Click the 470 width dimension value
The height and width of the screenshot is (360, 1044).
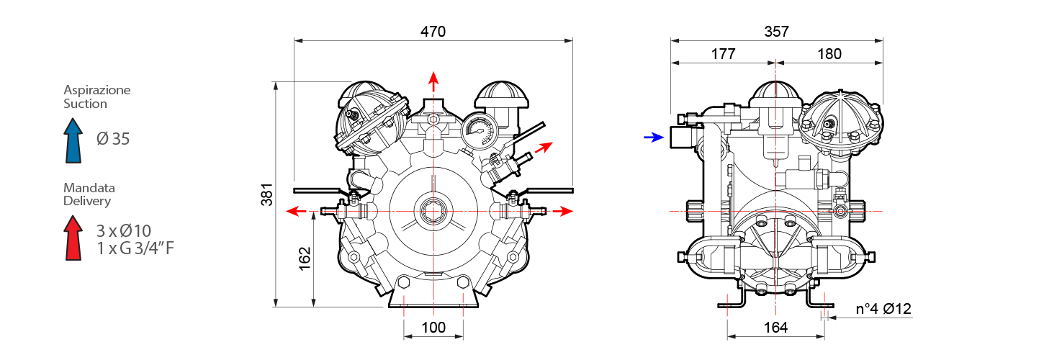(x=433, y=32)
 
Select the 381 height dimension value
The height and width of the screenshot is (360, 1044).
(x=267, y=194)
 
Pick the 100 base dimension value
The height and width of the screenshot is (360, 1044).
(x=433, y=328)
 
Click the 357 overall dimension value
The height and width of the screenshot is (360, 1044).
(x=776, y=32)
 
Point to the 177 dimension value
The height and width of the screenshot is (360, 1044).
(x=722, y=54)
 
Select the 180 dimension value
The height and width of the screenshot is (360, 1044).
(x=829, y=54)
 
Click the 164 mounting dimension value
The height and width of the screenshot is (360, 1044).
(x=775, y=328)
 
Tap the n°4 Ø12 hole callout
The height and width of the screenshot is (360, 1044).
(x=883, y=310)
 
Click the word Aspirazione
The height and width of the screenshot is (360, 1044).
(x=97, y=91)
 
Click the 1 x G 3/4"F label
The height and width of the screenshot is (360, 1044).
(x=135, y=249)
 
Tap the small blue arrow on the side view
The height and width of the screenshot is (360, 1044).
(x=653, y=138)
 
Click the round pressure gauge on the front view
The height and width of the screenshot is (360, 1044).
(x=476, y=129)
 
